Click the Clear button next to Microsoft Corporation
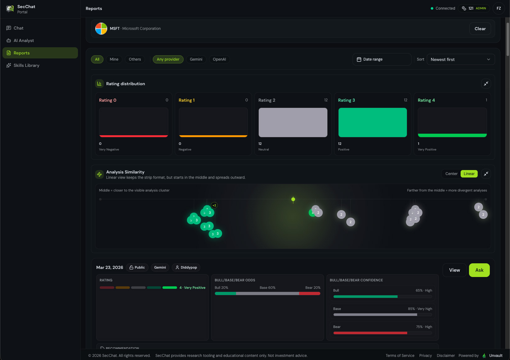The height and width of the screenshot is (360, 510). coord(480,29)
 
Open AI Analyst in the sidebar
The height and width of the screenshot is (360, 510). coord(24,40)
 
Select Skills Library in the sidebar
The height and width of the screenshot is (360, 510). coord(26,65)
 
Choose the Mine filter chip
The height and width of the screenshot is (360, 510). coord(114,59)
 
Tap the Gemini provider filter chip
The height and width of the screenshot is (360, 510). coord(196,59)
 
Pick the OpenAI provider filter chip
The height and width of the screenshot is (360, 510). coord(219,59)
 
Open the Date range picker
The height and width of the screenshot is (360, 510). coord(382,59)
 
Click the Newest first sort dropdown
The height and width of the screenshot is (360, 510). coord(461,59)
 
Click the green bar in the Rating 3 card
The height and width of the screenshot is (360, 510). coord(372,122)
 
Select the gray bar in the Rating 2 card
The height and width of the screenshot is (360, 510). coord(293,122)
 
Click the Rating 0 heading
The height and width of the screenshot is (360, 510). coord(108,100)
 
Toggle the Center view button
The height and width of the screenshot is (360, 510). coord(451,174)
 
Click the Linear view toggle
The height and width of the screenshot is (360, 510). coord(469,174)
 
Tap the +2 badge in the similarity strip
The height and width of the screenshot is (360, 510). coord(214,205)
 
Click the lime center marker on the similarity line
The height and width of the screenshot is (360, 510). coord(293,199)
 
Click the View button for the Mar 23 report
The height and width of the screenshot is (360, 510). coord(454,270)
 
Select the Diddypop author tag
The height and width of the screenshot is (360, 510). coord(186,267)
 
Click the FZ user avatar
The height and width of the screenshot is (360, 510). coord(499,8)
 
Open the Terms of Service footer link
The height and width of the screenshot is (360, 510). coord(400,356)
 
